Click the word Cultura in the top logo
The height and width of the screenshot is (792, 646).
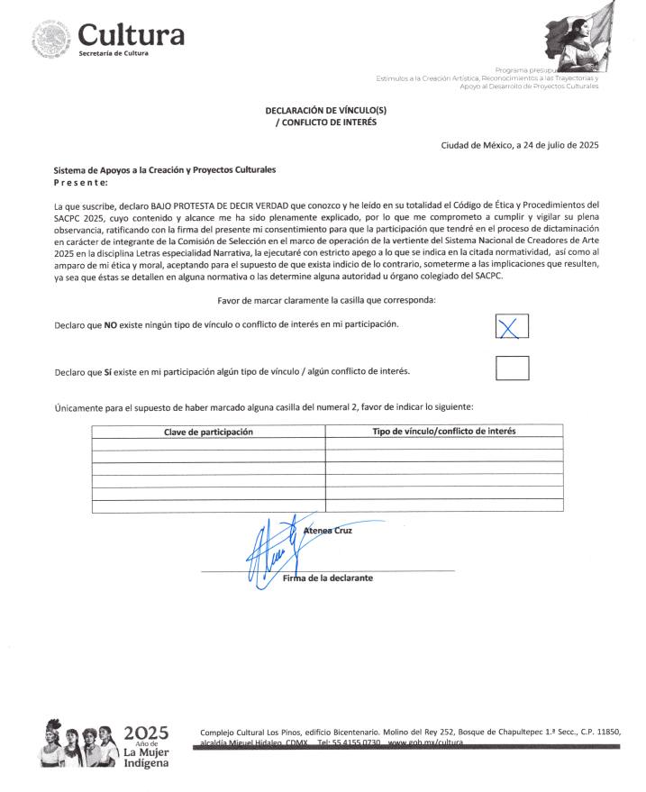tap(131, 34)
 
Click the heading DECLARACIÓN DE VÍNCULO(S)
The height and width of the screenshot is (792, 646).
tap(325, 110)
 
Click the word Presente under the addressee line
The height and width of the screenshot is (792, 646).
tap(80, 182)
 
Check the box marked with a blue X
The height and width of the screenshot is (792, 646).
tap(512, 327)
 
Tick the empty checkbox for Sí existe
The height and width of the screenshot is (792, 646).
tap(512, 369)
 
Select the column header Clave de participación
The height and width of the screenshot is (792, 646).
tap(208, 432)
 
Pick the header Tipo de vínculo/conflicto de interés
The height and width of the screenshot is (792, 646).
tap(444, 432)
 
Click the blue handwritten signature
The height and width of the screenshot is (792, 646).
tap(270, 549)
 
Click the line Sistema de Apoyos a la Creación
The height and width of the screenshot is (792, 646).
tap(165, 169)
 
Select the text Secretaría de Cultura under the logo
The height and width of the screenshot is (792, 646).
tap(114, 54)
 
